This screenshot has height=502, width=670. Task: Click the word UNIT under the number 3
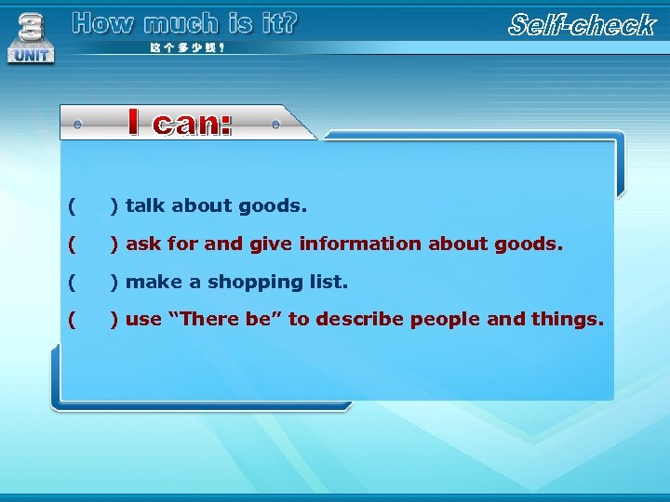click(32, 55)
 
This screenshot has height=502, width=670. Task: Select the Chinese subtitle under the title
click(187, 47)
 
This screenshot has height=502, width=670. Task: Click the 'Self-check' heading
click(582, 25)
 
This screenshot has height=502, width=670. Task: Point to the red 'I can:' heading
click(180, 123)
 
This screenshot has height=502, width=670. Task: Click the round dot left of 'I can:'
click(77, 123)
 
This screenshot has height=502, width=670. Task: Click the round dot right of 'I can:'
click(276, 123)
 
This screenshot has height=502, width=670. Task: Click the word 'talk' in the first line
click(146, 205)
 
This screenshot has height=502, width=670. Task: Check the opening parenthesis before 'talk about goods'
click(72, 205)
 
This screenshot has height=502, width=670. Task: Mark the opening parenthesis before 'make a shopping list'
click(72, 282)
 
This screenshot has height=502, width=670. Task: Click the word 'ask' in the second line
click(142, 244)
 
